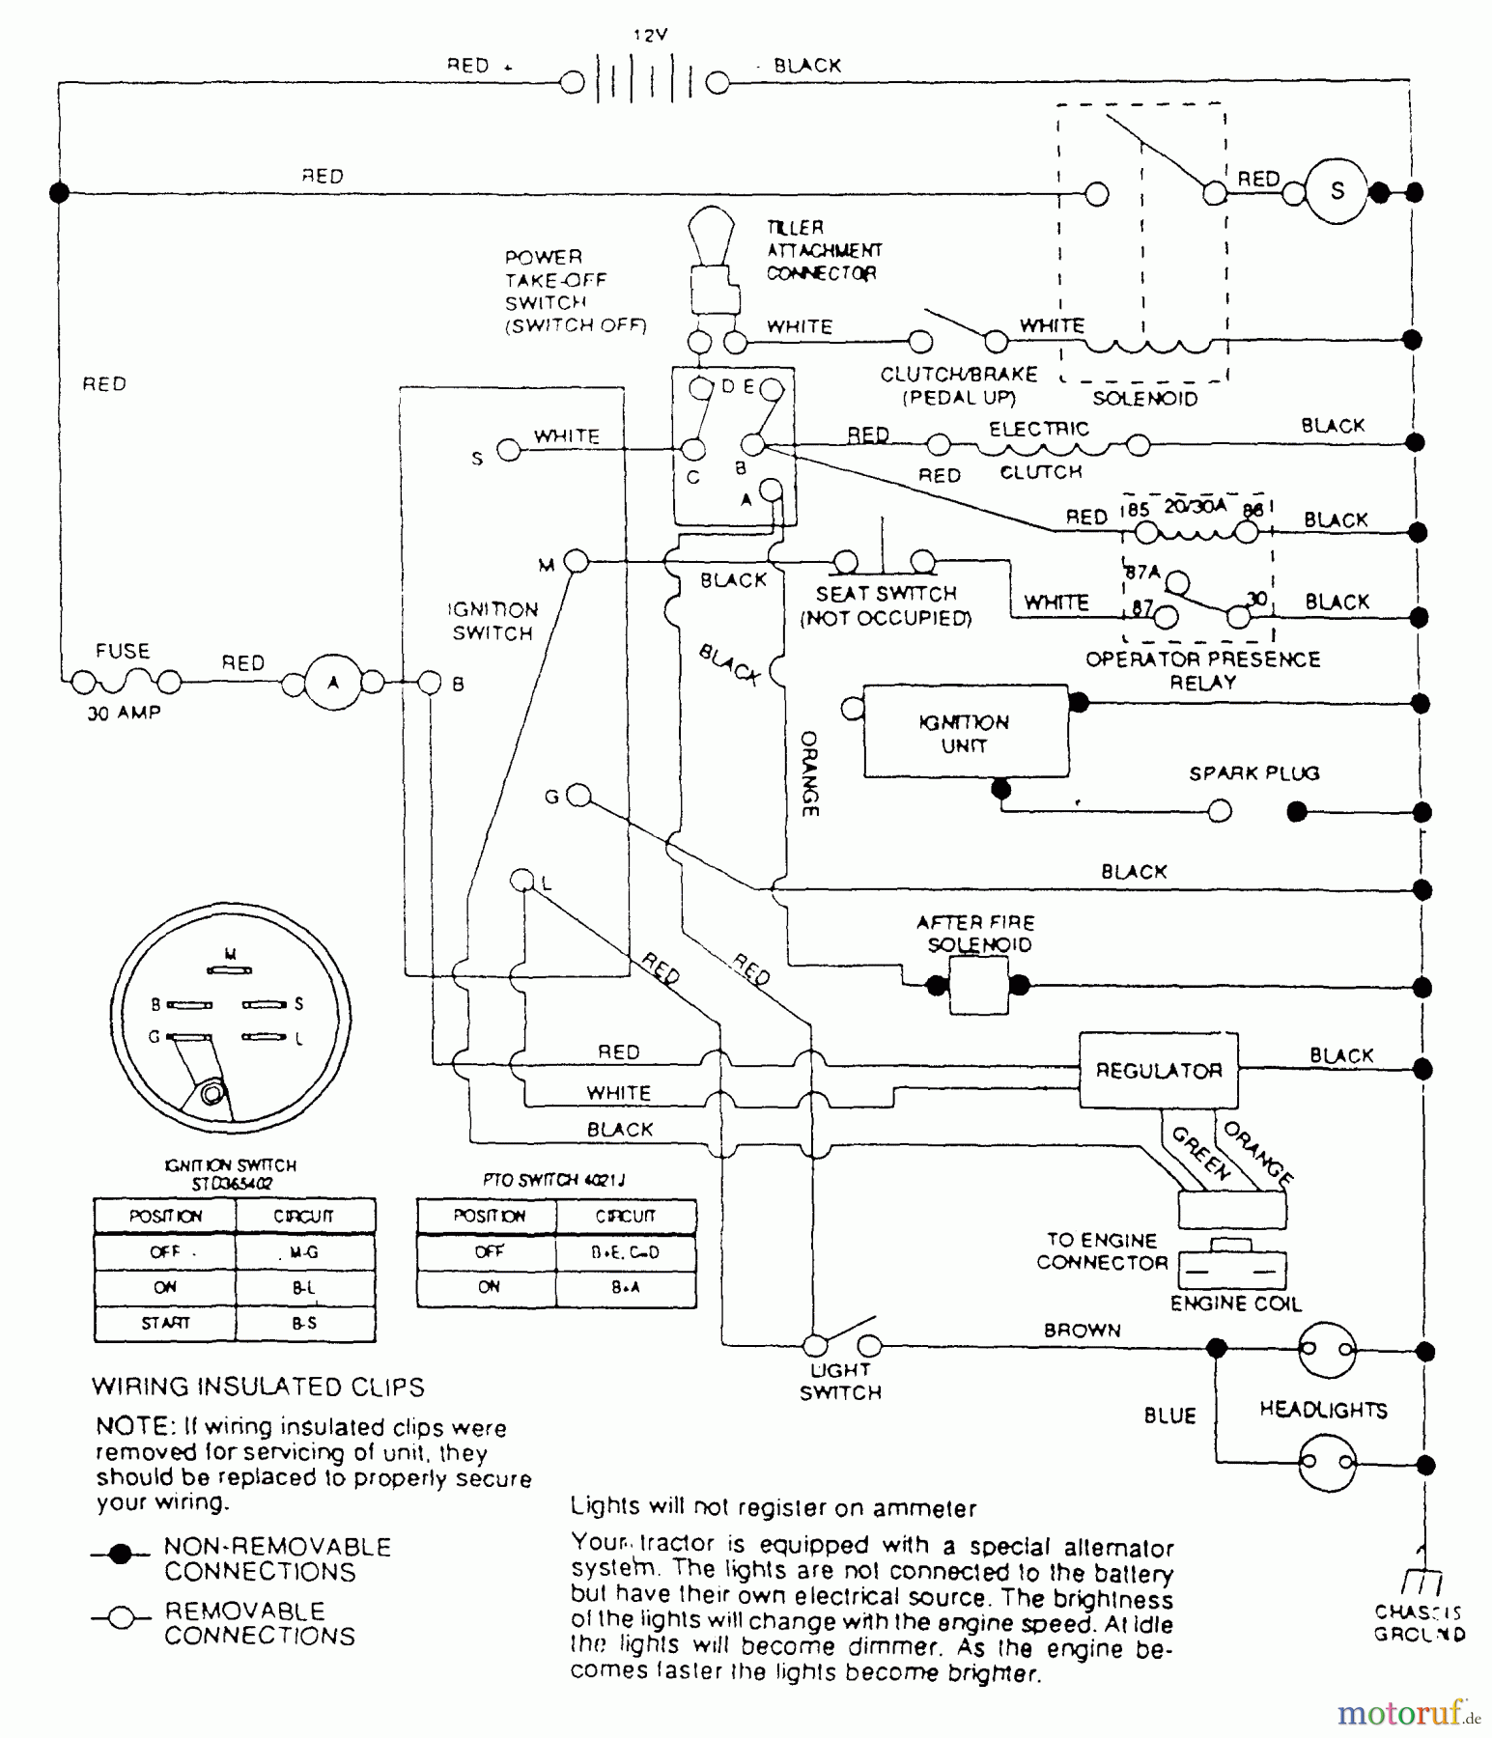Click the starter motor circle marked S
pos(1337,191)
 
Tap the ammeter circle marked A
pos(333,684)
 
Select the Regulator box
pos(1158,1070)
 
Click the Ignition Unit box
pos(965,733)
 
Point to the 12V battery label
pos(650,35)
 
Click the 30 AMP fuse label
pos(124,714)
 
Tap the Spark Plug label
pos(1253,773)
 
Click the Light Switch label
pos(840,1381)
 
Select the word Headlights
pos(1323,1411)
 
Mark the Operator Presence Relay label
pos(1202,670)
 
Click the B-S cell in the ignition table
pos(304,1323)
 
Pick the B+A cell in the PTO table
pos(625,1288)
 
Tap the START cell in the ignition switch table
pos(165,1323)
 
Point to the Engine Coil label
pos(1235,1303)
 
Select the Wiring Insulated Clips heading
pos(258,1388)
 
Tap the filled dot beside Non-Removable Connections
pos(121,1555)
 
